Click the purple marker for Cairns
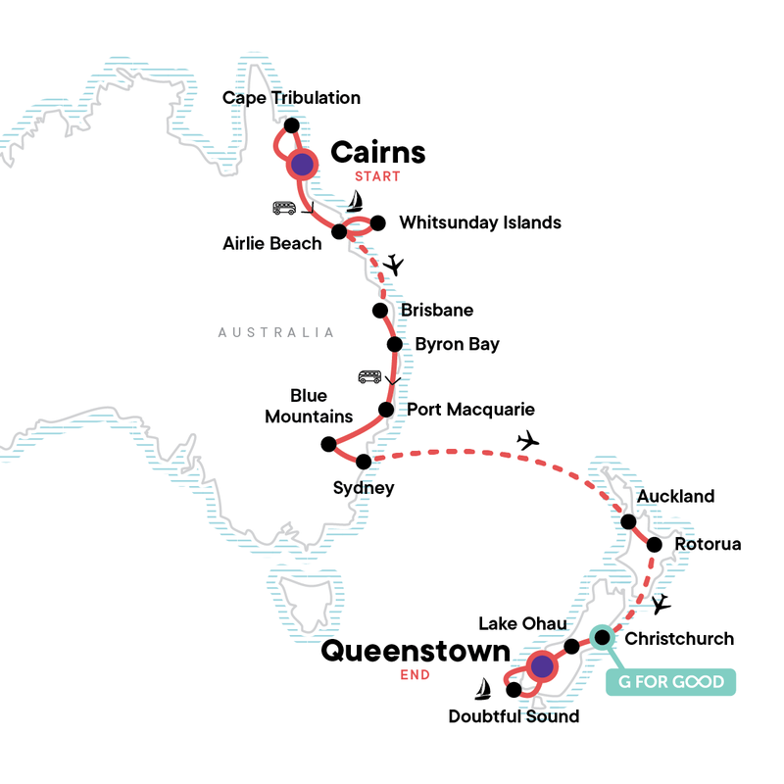[x=303, y=165]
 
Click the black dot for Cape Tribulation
[x=290, y=125]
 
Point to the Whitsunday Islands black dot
[x=377, y=222]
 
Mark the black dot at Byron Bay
[x=394, y=344]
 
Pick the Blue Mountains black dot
[x=328, y=443]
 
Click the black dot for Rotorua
[x=655, y=544]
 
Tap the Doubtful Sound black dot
[x=513, y=690]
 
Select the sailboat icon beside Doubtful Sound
[x=482, y=691]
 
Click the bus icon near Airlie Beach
[x=285, y=209]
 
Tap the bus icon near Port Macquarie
[x=369, y=376]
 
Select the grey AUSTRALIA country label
[x=276, y=332]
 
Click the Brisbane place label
[x=437, y=311]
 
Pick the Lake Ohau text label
[x=521, y=623]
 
